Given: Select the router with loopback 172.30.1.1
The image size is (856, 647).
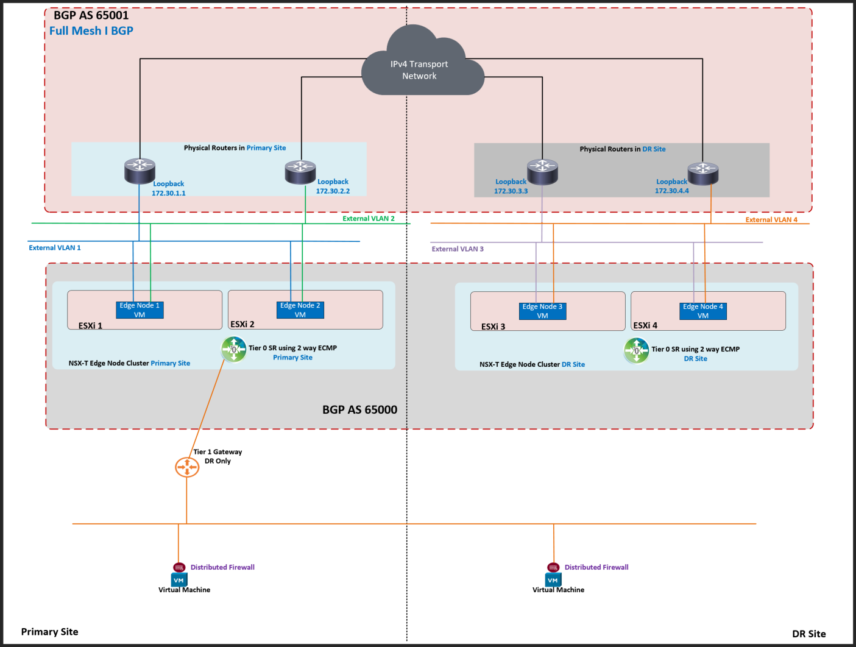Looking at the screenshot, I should [x=140, y=171].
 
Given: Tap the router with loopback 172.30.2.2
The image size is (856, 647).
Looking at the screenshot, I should [x=300, y=172].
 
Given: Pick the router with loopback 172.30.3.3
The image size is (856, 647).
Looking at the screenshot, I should [x=542, y=171].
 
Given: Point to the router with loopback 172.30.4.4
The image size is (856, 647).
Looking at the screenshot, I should [x=703, y=172].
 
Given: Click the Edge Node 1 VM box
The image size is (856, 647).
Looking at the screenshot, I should [x=140, y=310].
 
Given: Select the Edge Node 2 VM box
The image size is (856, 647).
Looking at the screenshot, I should [x=300, y=310].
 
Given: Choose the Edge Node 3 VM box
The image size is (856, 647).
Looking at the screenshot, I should [x=542, y=311].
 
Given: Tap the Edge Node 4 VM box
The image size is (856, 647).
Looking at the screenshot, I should [x=703, y=311].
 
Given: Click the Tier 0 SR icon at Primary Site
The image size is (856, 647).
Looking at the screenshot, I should [x=233, y=350].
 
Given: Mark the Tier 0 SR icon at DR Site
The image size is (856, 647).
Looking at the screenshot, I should [x=636, y=351].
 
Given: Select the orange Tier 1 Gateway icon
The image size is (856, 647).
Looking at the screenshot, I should [x=187, y=467].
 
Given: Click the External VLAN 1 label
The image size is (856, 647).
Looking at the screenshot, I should [x=55, y=248].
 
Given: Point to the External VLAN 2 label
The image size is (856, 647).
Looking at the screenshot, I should [x=369, y=219].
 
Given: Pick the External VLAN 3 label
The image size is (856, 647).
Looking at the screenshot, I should [x=458, y=249].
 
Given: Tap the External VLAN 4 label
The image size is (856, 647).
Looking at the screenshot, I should [x=771, y=220].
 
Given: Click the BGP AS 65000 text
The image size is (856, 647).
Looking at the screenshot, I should [x=359, y=410].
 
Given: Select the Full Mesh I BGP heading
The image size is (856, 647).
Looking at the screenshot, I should [x=91, y=31].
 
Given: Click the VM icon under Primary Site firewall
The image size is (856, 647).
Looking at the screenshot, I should [x=179, y=581].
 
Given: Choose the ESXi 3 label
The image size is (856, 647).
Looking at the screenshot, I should [x=493, y=327].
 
